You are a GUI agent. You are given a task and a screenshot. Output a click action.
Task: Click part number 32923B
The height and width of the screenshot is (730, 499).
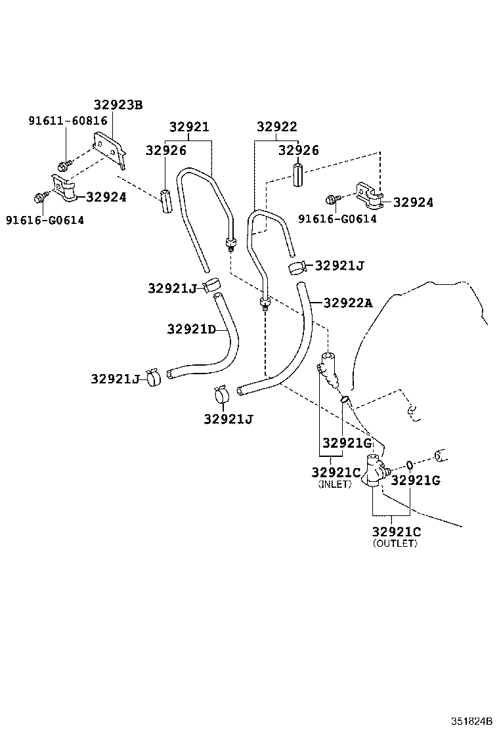point(118,104)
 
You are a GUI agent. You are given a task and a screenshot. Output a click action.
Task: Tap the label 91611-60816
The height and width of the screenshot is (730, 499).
point(68,121)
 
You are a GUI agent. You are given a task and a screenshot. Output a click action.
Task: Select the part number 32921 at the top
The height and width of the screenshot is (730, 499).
point(189,127)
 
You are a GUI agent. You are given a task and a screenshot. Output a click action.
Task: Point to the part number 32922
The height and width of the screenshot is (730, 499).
point(276,127)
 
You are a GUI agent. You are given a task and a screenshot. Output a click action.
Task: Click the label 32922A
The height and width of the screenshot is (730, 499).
point(347,303)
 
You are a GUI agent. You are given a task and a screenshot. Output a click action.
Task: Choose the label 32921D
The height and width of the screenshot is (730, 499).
point(191,329)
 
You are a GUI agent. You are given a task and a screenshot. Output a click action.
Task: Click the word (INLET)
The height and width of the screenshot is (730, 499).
point(335,484)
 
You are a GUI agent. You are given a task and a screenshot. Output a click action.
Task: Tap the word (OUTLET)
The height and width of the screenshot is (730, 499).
point(394,543)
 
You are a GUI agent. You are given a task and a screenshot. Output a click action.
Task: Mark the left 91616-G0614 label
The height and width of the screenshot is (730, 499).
point(45,220)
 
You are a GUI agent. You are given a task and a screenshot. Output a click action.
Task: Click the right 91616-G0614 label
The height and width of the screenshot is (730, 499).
point(337,219)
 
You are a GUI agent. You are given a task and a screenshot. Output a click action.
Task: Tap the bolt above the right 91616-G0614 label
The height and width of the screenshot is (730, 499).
point(332,199)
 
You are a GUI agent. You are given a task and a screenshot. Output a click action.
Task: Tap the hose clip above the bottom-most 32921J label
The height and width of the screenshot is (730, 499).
point(221,395)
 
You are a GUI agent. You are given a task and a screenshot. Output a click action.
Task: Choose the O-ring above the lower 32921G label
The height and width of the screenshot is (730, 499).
point(409,465)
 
